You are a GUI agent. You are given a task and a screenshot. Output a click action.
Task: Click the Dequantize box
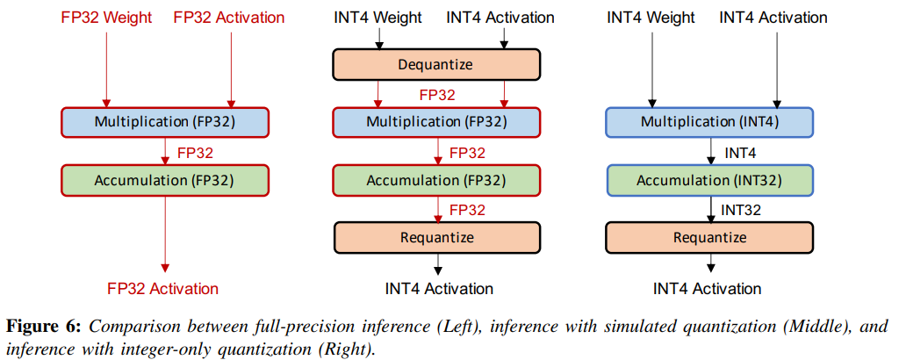tap(436, 64)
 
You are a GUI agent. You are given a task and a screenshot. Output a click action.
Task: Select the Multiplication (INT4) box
tap(709, 121)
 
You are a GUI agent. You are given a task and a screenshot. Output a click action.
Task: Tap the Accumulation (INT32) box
tap(709, 181)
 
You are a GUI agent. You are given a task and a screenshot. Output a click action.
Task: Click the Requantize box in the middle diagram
tap(436, 237)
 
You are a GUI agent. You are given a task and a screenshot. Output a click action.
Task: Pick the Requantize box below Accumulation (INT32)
tap(709, 237)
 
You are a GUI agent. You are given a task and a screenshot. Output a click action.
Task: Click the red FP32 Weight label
tap(106, 18)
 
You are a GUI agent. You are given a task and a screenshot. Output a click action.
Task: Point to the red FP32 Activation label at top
tap(229, 18)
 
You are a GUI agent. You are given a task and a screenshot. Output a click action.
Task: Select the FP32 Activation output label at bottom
tap(163, 288)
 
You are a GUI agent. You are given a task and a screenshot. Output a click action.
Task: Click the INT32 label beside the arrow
tap(741, 210)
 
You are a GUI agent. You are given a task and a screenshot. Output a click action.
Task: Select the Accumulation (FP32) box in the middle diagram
tap(436, 181)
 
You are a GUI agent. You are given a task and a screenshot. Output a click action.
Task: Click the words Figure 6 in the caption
tap(43, 327)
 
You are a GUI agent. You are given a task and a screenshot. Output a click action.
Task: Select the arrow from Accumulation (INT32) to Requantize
tap(709, 209)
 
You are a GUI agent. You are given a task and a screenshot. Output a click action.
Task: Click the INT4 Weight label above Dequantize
tap(378, 18)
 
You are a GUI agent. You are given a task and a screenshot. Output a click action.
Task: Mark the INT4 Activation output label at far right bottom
tap(708, 288)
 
